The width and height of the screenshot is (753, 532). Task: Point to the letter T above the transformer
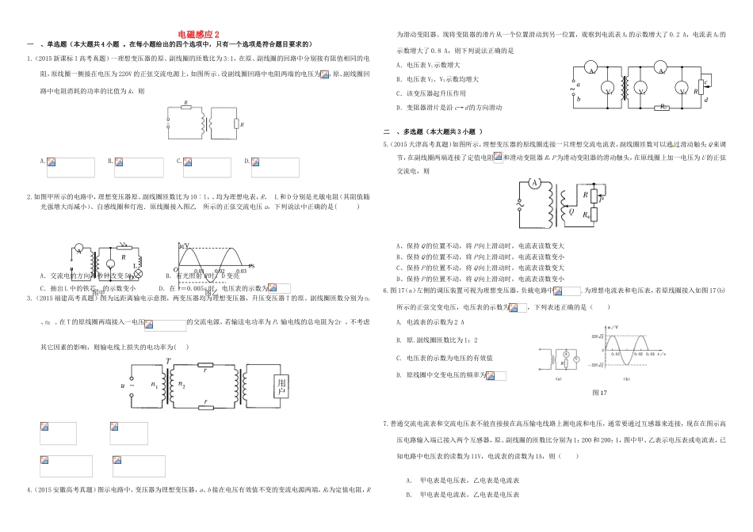[x=169, y=361]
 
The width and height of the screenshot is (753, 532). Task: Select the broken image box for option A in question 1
[x=70, y=166]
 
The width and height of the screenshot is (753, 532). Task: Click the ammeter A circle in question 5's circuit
[x=534, y=184]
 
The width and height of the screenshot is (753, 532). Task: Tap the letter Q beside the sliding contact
[x=571, y=212]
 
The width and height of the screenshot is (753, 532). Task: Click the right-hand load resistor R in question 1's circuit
[x=236, y=123]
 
